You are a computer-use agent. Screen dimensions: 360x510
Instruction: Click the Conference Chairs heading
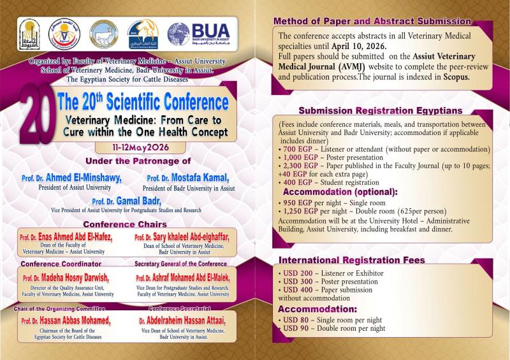125,224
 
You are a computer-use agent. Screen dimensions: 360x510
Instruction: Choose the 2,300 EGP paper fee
302,166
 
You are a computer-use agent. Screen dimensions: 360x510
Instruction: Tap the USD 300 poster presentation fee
299,281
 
